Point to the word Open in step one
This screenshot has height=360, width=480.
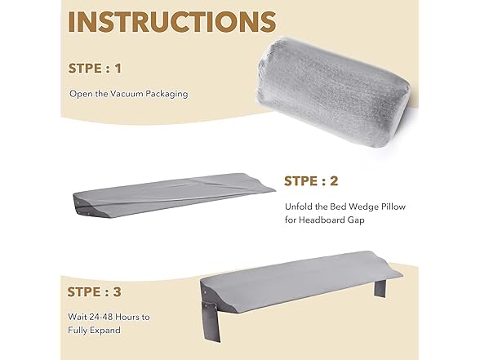[x=81, y=94]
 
